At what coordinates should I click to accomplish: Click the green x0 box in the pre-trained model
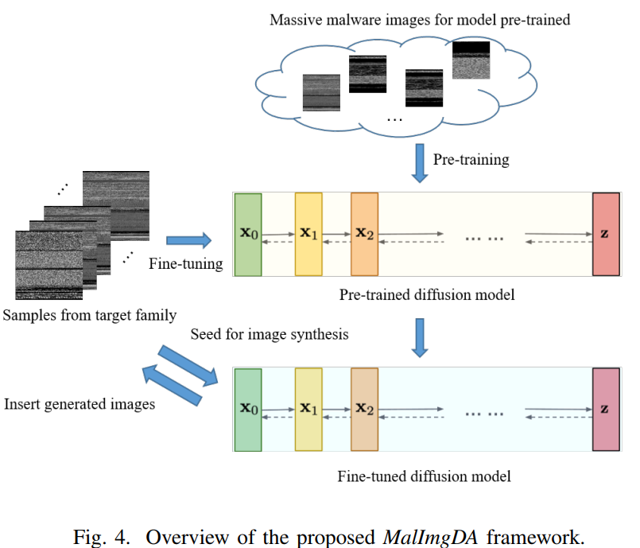248,235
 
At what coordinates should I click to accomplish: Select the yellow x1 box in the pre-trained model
308,235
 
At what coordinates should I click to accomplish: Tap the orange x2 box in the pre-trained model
364,235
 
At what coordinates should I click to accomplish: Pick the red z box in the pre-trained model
606,235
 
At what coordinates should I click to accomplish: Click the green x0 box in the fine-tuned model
248,410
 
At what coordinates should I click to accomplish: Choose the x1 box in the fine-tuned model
308,410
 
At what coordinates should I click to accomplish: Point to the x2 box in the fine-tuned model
364,410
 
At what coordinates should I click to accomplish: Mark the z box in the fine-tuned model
606,410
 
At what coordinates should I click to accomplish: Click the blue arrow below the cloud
421,162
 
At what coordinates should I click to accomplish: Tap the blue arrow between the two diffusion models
421,336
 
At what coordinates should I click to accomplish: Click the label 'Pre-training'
471,160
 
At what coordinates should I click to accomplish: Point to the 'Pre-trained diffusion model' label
427,295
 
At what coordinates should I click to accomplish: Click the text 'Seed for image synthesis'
269,335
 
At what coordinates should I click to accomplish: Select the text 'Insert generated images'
80,404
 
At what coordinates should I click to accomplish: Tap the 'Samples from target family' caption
90,316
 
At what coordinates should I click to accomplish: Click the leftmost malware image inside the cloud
322,92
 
